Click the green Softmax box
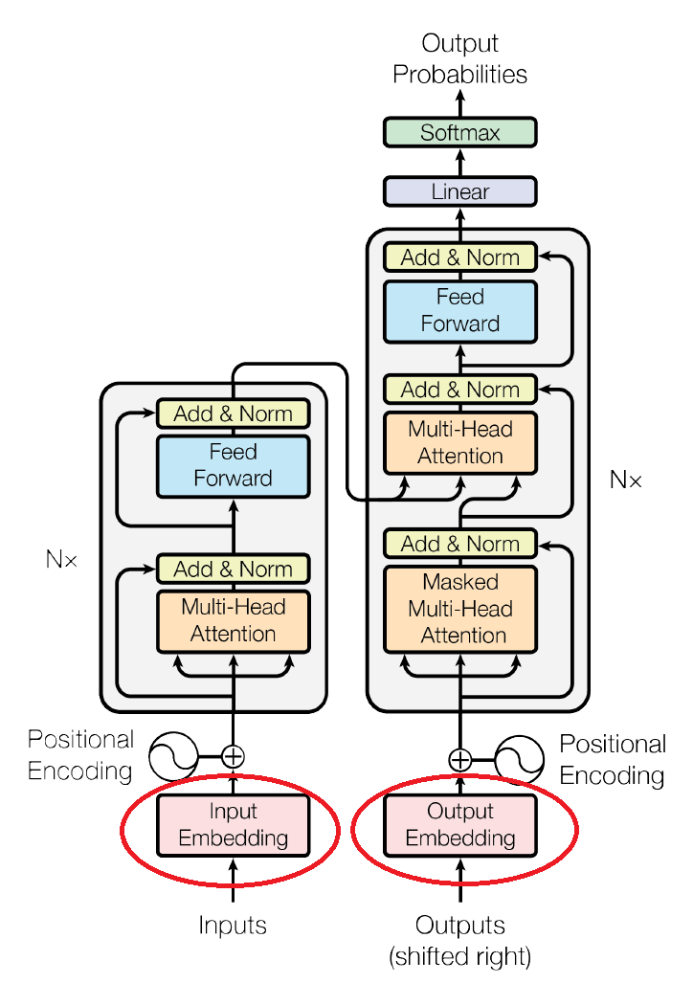460,132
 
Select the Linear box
460,191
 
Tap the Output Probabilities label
460,58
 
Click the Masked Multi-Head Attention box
460,608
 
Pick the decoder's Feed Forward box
460,310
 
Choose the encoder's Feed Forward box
233,465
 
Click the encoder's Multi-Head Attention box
233,619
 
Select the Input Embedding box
233,825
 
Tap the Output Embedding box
460,825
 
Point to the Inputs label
233,926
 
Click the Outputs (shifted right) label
460,940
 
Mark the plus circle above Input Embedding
233,756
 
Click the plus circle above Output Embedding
460,760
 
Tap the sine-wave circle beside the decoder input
521,760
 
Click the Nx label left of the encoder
60,559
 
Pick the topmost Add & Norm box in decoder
460,257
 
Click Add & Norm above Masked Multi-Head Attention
460,544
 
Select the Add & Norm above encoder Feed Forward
233,413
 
